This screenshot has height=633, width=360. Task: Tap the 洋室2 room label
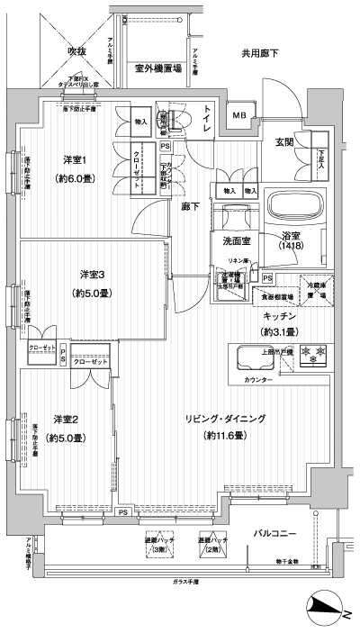click(68, 419)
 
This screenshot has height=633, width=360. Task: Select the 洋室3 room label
click(93, 275)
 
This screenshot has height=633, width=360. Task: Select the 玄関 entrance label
click(285, 141)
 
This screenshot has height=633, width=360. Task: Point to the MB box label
click(239, 114)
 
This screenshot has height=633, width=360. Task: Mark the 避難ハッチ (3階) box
click(157, 545)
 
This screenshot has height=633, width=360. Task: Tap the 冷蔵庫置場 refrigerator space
click(315, 286)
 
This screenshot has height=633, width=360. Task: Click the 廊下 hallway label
click(190, 206)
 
